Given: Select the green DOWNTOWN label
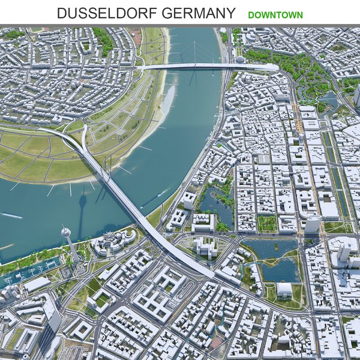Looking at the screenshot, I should [275, 14].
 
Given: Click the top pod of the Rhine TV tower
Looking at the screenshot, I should [65, 232].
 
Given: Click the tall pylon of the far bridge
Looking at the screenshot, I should [194, 54].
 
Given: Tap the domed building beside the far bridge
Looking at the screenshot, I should [240, 59].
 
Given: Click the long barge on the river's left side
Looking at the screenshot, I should [12, 215].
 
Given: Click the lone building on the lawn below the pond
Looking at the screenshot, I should [284, 290].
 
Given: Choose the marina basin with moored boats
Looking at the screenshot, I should [27, 273].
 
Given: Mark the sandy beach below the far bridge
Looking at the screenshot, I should [166, 99].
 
